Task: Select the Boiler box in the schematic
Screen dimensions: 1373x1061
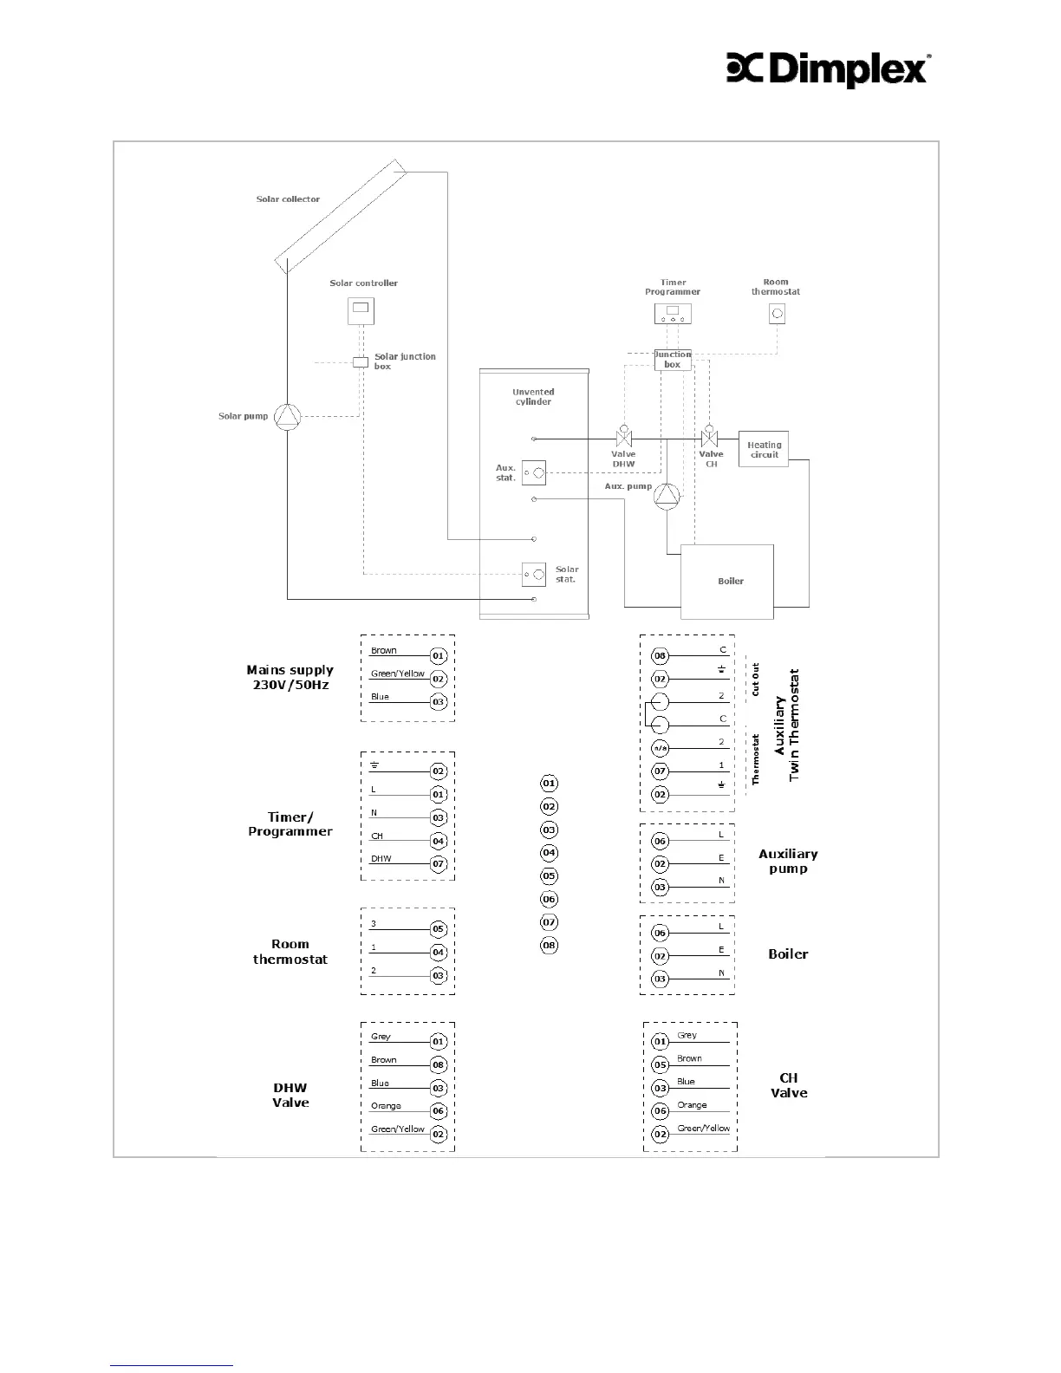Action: click(x=726, y=581)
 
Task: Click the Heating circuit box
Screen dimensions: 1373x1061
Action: click(x=763, y=449)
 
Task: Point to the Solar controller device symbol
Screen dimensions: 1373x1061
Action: click(x=361, y=310)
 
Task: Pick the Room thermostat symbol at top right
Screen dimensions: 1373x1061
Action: click(x=777, y=314)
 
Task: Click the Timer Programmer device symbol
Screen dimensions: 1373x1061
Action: click(x=673, y=314)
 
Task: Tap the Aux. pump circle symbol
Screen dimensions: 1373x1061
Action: click(x=667, y=495)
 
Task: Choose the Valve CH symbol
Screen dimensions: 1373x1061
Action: click(x=710, y=437)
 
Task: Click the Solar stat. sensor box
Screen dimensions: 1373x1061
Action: click(x=533, y=574)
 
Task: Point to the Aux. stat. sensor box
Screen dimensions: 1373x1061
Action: click(x=533, y=472)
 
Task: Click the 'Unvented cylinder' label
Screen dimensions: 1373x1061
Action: click(x=533, y=397)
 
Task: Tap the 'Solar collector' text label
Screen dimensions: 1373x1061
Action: click(x=288, y=199)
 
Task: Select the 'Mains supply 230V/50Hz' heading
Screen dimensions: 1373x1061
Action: click(x=290, y=677)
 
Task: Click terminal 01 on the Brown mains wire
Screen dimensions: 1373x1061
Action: click(x=439, y=656)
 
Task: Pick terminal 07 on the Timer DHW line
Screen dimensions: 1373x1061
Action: click(x=439, y=863)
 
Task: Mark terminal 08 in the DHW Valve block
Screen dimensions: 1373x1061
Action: click(x=439, y=1064)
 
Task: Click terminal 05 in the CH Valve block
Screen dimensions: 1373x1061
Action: click(x=661, y=1064)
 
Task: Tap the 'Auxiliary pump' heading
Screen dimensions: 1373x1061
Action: click(x=788, y=861)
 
